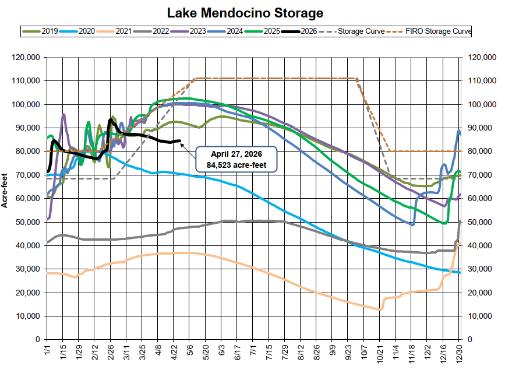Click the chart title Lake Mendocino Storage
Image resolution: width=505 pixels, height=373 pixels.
pyautogui.click(x=253, y=12)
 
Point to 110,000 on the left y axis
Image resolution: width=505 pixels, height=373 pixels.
pyautogui.click(x=26, y=81)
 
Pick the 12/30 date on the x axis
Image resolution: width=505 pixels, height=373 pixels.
pyautogui.click(x=460, y=354)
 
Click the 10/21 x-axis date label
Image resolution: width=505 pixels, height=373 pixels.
pyautogui.click(x=379, y=354)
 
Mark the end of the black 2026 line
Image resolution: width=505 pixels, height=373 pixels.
pyautogui.click(x=180, y=140)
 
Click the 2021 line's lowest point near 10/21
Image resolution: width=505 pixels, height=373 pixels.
pyautogui.click(x=380, y=309)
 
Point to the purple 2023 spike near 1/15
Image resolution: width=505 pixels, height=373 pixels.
pyautogui.click(x=63, y=114)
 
